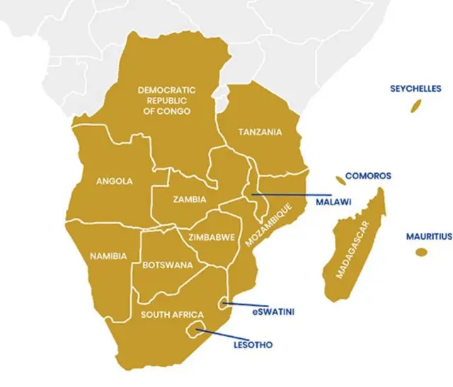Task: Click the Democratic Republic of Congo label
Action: [x=168, y=100]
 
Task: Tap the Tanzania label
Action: [x=260, y=132]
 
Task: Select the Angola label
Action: [x=114, y=181]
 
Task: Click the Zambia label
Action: [x=190, y=200]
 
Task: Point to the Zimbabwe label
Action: [x=207, y=237]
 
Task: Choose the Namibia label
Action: [x=109, y=255]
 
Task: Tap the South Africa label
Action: [x=172, y=315]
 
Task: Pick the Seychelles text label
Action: [x=415, y=88]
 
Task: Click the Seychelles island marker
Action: [x=417, y=106]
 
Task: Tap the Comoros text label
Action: [x=368, y=175]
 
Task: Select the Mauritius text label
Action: [x=428, y=236]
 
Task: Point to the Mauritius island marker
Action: [x=422, y=253]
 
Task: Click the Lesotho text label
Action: [x=253, y=345]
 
